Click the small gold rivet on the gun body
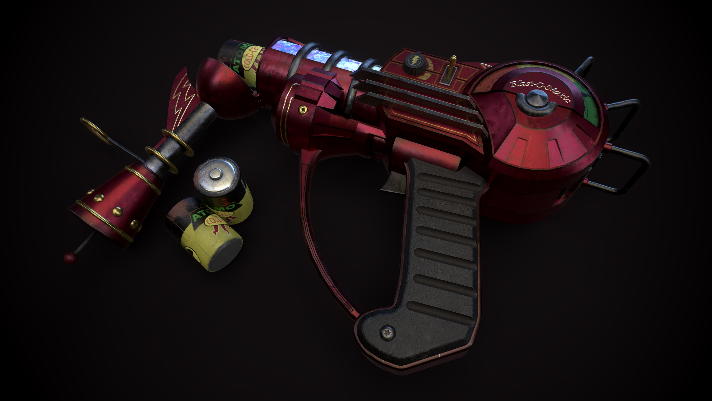[301, 108]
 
